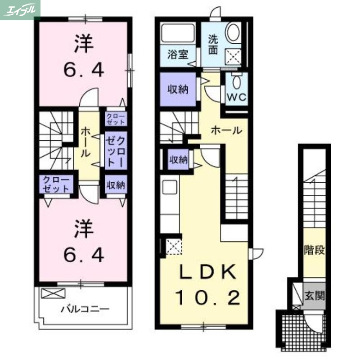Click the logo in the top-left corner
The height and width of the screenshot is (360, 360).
20,9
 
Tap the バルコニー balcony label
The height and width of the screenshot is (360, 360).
85,309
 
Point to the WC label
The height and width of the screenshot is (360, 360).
236,98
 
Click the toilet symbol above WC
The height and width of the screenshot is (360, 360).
237,81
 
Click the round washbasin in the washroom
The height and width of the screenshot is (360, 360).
233,33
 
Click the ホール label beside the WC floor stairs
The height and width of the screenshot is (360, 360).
226,131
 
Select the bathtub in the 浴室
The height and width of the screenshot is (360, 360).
178,34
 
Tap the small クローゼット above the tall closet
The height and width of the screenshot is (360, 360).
116,119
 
